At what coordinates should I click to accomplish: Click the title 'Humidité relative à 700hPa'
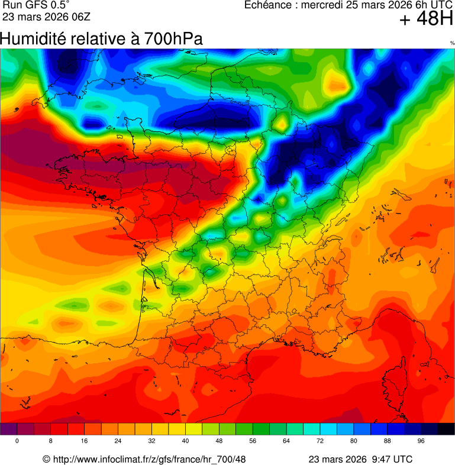[101, 39]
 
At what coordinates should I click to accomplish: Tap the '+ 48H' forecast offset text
[425, 20]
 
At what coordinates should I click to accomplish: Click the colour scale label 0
[17, 441]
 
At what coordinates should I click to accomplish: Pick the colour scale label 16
[85, 441]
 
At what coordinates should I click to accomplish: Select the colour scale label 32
[152, 441]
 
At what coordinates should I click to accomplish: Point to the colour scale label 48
[219, 441]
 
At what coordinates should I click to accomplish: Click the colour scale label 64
[286, 441]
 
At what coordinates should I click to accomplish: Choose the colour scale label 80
[354, 441]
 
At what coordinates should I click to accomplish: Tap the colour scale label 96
[421, 441]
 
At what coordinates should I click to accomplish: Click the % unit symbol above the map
[452, 43]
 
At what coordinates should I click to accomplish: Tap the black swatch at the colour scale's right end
[446, 429]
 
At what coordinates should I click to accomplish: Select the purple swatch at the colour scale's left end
[8, 429]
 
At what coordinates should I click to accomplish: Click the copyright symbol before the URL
[47, 459]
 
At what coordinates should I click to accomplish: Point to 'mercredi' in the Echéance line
[322, 5]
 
